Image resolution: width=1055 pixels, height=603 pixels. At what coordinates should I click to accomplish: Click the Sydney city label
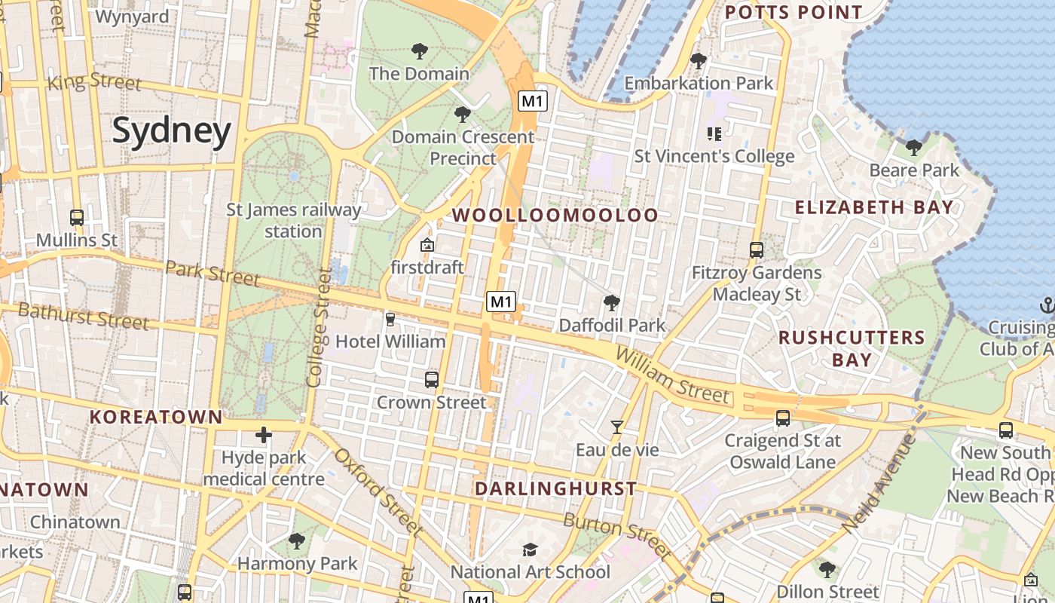[172, 131]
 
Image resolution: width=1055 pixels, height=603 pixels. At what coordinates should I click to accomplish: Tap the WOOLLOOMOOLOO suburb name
[555, 216]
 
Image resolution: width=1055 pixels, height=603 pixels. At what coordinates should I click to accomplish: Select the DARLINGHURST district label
[555, 488]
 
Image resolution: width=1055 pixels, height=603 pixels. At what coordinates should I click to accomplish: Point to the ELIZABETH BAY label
[874, 207]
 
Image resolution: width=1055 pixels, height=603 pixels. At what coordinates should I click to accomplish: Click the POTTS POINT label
[794, 13]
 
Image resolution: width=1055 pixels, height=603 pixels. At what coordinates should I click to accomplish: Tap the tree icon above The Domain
[420, 51]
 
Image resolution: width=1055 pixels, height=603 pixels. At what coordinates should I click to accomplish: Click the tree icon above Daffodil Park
[612, 303]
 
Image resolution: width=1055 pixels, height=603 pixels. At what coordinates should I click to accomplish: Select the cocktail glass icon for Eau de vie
[617, 427]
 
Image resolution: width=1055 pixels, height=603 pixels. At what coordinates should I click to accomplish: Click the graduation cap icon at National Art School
[531, 549]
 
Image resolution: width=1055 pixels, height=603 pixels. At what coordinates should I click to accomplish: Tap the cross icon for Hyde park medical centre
[263, 435]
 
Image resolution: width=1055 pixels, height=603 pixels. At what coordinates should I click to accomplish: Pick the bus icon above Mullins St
[77, 218]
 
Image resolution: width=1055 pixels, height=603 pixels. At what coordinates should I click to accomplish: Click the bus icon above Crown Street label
[432, 380]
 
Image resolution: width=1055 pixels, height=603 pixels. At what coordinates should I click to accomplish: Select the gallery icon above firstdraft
[427, 245]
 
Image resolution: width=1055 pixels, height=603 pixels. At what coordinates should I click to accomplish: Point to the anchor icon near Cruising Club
[1047, 305]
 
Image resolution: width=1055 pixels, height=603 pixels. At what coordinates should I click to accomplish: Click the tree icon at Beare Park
[914, 147]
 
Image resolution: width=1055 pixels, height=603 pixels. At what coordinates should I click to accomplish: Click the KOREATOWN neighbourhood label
[156, 417]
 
